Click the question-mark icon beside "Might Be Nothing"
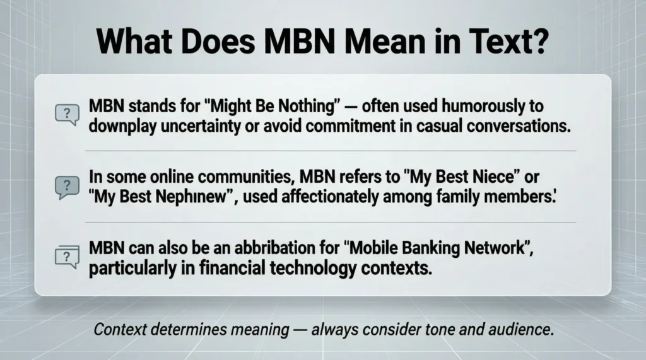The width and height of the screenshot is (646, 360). pyautogui.click(x=66, y=114)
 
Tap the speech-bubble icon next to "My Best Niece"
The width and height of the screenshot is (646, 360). pyautogui.click(x=66, y=185)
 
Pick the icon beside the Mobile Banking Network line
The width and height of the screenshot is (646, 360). pyautogui.click(x=66, y=257)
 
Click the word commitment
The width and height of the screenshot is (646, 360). pyautogui.click(x=349, y=124)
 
